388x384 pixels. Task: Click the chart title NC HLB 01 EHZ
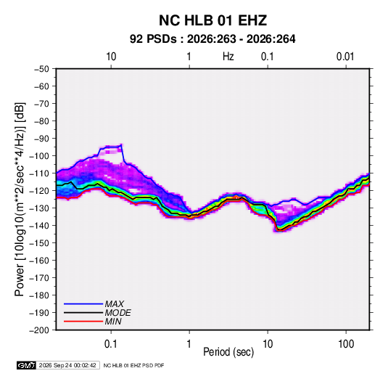tap(212, 20)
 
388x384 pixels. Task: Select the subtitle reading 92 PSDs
tap(153, 39)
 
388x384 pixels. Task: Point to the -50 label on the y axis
tap(41, 69)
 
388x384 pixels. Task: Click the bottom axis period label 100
tap(346, 344)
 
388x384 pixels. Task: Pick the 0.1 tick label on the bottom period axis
tap(110, 344)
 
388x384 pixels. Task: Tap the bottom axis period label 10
tap(268, 344)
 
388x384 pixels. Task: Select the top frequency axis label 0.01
tap(345, 57)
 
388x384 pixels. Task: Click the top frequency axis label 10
tap(111, 57)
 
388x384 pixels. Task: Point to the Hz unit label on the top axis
tap(228, 57)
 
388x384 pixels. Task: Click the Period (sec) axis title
tap(228, 352)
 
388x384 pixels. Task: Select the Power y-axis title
tap(20, 199)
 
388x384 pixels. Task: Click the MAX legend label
tap(115, 304)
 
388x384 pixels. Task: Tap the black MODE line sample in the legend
tap(83, 313)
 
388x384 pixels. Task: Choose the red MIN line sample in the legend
tap(83, 322)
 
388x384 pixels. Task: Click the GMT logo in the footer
tap(27, 365)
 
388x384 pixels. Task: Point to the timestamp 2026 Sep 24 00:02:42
tap(67, 365)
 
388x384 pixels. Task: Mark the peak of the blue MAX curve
tap(121, 144)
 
